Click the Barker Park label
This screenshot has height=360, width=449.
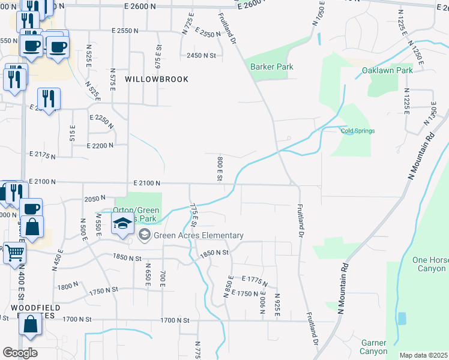272,67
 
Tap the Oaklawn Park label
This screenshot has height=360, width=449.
387,70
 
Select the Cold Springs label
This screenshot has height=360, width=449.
358,131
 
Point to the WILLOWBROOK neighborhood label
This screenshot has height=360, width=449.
157,79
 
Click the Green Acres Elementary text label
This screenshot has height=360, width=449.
199,235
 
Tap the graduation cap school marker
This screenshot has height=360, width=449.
122,225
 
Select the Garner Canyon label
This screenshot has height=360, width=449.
374,347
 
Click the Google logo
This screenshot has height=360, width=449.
20,353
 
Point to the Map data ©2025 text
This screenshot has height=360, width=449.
423,355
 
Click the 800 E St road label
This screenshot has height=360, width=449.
219,168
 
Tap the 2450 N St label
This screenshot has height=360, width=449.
200,55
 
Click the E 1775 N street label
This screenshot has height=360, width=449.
255,281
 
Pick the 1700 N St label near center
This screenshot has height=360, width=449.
175,320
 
